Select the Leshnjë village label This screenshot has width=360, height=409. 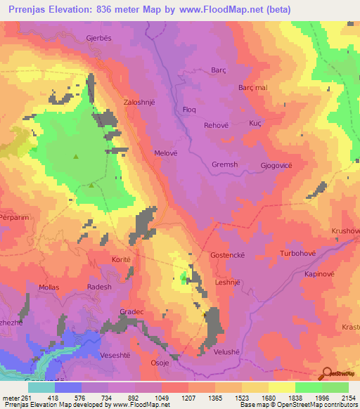pyautogui.click(x=228, y=282)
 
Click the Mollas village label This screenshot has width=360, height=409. pyautogui.click(x=49, y=287)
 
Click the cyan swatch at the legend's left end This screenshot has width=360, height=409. pyautogui.click(x=41, y=387)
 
